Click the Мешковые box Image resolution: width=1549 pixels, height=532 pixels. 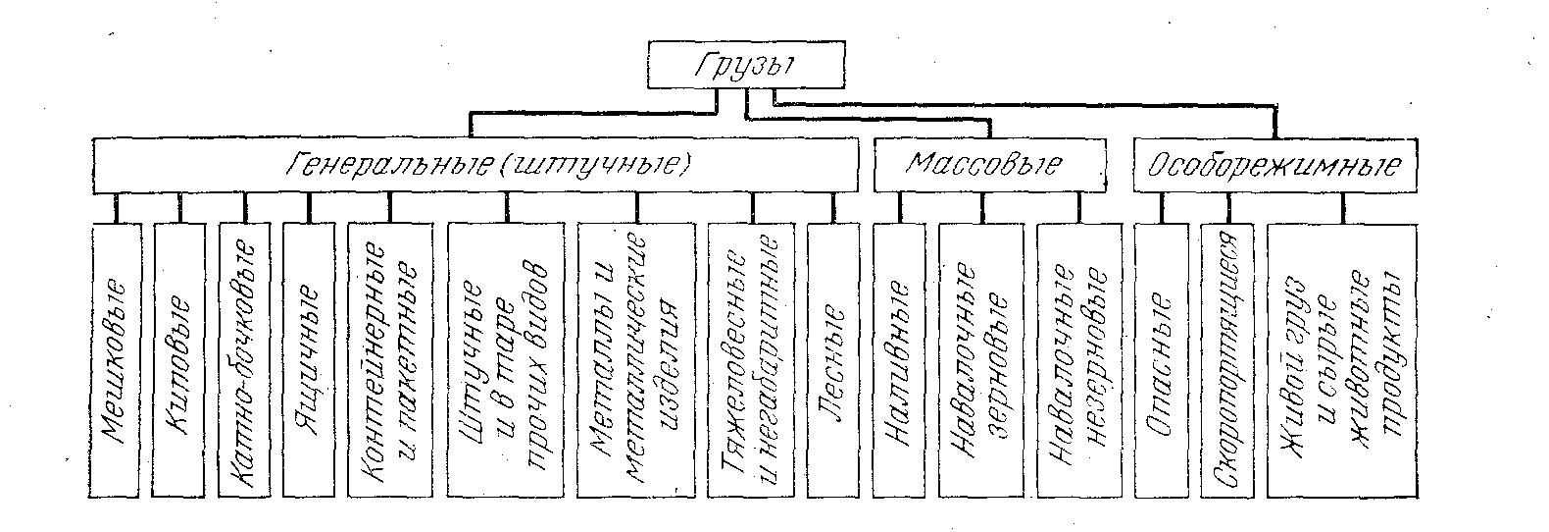116,358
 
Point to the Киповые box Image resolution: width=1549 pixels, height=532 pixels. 179,358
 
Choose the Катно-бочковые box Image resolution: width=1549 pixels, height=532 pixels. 244,358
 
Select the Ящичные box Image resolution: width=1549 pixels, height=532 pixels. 309,358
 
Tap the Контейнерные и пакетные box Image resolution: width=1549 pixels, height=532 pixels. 389,358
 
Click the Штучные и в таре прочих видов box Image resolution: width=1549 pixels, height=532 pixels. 506,358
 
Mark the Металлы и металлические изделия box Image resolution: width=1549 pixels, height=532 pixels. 637,358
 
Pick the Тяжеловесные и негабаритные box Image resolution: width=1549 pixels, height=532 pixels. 753,358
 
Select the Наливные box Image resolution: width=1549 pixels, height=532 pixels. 899,358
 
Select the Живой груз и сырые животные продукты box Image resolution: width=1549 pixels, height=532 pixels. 1342,358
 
